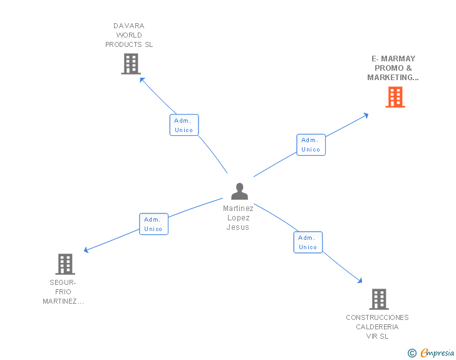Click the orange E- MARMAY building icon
[395, 97]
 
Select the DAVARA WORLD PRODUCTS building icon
[131, 64]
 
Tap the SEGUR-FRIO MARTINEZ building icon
[65, 264]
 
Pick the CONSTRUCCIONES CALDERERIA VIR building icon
[379, 299]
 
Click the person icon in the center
[239, 192]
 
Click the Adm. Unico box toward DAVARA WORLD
[184, 125]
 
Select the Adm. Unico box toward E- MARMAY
[311, 145]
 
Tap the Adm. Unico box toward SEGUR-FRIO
[154, 224]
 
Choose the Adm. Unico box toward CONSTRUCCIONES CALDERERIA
[308, 242]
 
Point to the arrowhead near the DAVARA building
[142, 80]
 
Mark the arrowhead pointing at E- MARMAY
[366, 115]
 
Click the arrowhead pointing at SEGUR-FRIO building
[86, 250]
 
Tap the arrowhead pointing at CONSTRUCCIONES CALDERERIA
[360, 280]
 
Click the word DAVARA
[129, 26]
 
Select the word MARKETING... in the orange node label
[393, 78]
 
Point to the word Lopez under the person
[239, 218]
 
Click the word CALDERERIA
[377, 327]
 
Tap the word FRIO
[63, 292]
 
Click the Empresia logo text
[437, 352]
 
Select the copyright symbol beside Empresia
[412, 353]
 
